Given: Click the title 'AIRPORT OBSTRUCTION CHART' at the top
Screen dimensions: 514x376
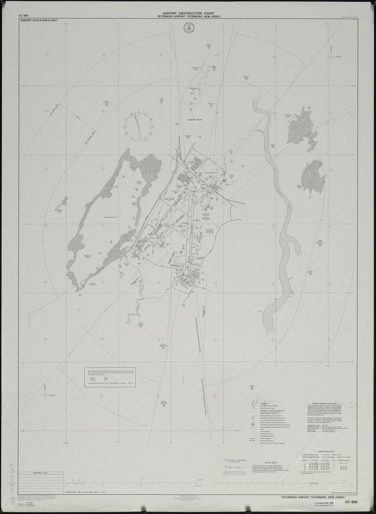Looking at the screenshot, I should click(188, 12).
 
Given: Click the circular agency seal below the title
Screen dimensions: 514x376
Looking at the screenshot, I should click(188, 27).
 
